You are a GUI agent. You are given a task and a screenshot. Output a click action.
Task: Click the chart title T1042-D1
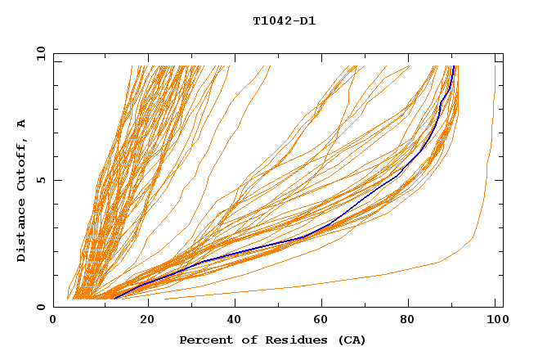click(284, 21)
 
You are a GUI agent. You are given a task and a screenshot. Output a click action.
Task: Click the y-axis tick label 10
click(39, 53)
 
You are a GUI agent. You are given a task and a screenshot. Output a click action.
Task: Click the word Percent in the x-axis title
click(202, 340)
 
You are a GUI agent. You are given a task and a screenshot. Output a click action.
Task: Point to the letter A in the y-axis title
click(21, 124)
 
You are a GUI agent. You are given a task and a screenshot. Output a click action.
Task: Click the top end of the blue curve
click(454, 66)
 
